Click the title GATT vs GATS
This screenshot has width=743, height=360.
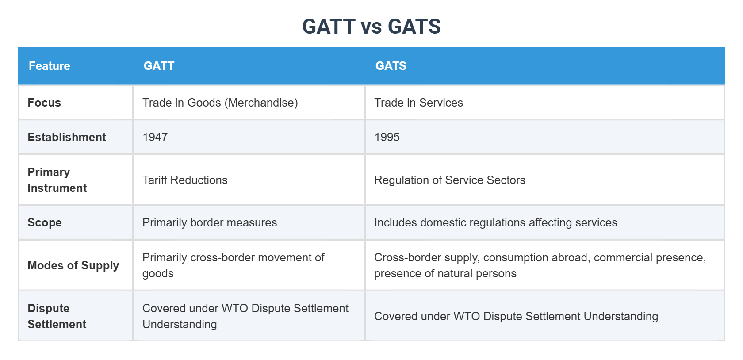point(371,27)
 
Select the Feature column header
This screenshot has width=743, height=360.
point(50,66)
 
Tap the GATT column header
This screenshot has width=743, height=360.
point(159,66)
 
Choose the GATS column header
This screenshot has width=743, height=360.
point(391,66)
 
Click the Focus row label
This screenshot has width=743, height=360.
point(44,103)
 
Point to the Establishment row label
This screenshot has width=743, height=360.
point(67,137)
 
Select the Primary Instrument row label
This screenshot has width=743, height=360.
point(57,180)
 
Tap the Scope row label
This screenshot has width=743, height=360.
point(45,222)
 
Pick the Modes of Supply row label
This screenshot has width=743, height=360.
point(73,265)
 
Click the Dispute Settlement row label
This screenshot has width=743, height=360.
point(57,316)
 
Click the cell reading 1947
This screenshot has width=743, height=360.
point(155,137)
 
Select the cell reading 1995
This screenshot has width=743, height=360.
point(387,137)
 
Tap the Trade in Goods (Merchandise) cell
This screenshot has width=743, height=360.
point(220,103)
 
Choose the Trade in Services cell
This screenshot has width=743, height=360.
point(418,103)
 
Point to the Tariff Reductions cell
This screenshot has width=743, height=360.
point(185,180)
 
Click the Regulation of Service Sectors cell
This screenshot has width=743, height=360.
point(449,180)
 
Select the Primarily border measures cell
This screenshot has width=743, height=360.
point(210,222)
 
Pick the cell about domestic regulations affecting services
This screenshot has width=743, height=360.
point(495,222)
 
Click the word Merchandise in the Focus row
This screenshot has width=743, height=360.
point(261,103)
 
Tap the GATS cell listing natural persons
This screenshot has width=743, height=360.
point(540,265)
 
